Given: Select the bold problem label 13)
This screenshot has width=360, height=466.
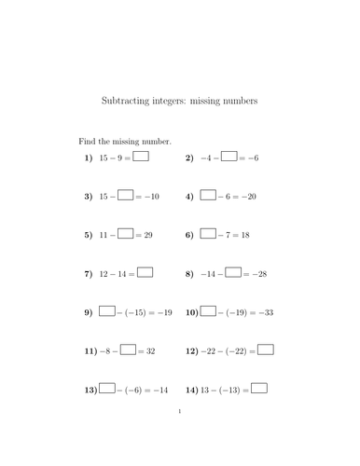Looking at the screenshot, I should pos(90,390).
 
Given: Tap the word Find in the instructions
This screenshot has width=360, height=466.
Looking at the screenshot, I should pos(87,141).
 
